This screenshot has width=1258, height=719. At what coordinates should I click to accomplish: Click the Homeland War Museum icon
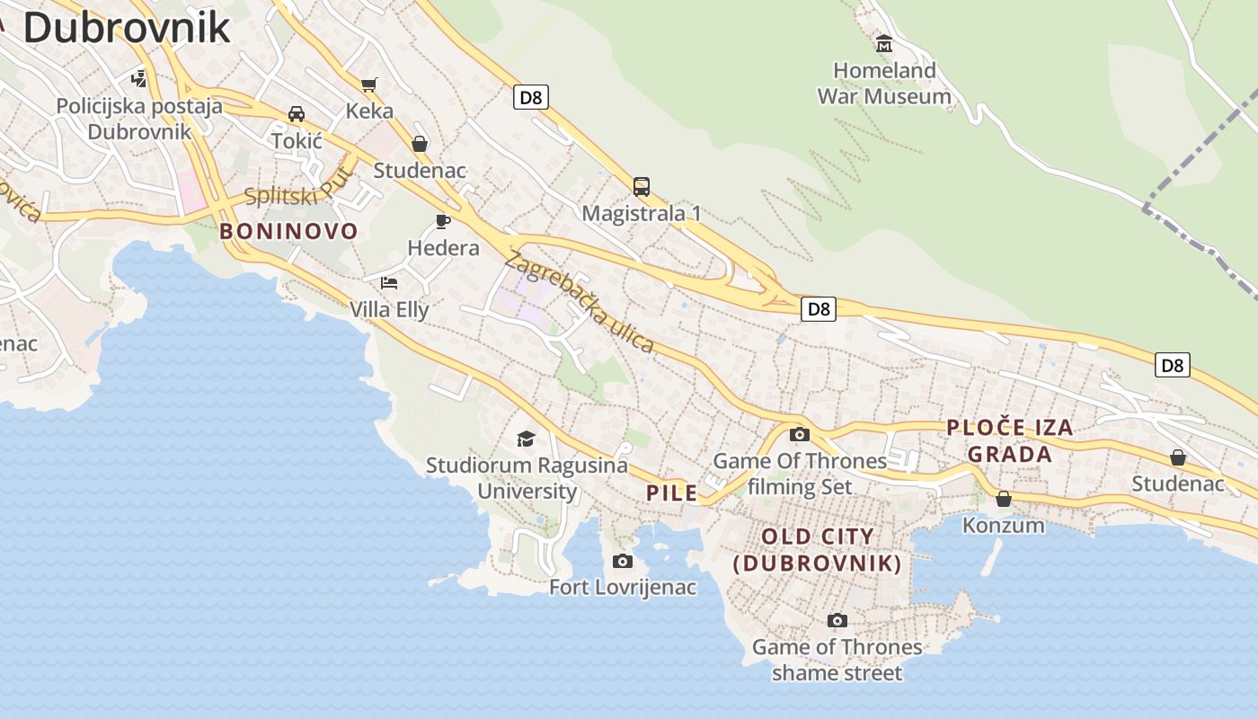(x=884, y=43)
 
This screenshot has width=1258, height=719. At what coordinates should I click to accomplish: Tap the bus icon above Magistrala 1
(x=641, y=187)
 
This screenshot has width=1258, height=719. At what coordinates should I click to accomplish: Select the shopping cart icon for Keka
(x=368, y=84)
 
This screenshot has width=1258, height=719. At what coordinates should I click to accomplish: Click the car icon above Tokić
(x=296, y=114)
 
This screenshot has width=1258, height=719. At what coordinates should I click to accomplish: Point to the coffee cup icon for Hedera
(x=442, y=221)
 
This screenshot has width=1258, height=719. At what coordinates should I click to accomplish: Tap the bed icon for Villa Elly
(x=388, y=283)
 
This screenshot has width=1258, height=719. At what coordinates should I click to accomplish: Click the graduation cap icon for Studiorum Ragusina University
(x=526, y=439)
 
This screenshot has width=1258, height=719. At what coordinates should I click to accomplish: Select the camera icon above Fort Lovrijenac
(x=622, y=562)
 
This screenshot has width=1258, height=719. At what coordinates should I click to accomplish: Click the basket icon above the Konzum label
(x=1004, y=499)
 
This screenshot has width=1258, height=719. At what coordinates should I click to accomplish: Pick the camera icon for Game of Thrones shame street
(x=837, y=620)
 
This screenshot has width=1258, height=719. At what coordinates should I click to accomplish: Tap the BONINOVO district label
(x=288, y=231)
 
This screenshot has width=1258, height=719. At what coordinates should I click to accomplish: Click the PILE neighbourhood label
(x=672, y=493)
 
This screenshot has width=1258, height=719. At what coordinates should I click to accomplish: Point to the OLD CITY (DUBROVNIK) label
(x=818, y=550)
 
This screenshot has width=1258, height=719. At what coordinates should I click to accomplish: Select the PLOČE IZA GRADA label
(x=1010, y=440)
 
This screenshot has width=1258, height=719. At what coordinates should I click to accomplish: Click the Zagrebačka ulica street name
(x=579, y=302)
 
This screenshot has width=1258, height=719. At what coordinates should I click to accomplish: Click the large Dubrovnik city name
(x=127, y=27)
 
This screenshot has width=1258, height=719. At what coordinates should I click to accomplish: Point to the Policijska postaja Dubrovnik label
(x=139, y=119)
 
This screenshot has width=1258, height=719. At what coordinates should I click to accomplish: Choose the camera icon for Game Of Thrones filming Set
(x=799, y=435)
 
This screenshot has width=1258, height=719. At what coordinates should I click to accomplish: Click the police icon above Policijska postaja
(x=138, y=79)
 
